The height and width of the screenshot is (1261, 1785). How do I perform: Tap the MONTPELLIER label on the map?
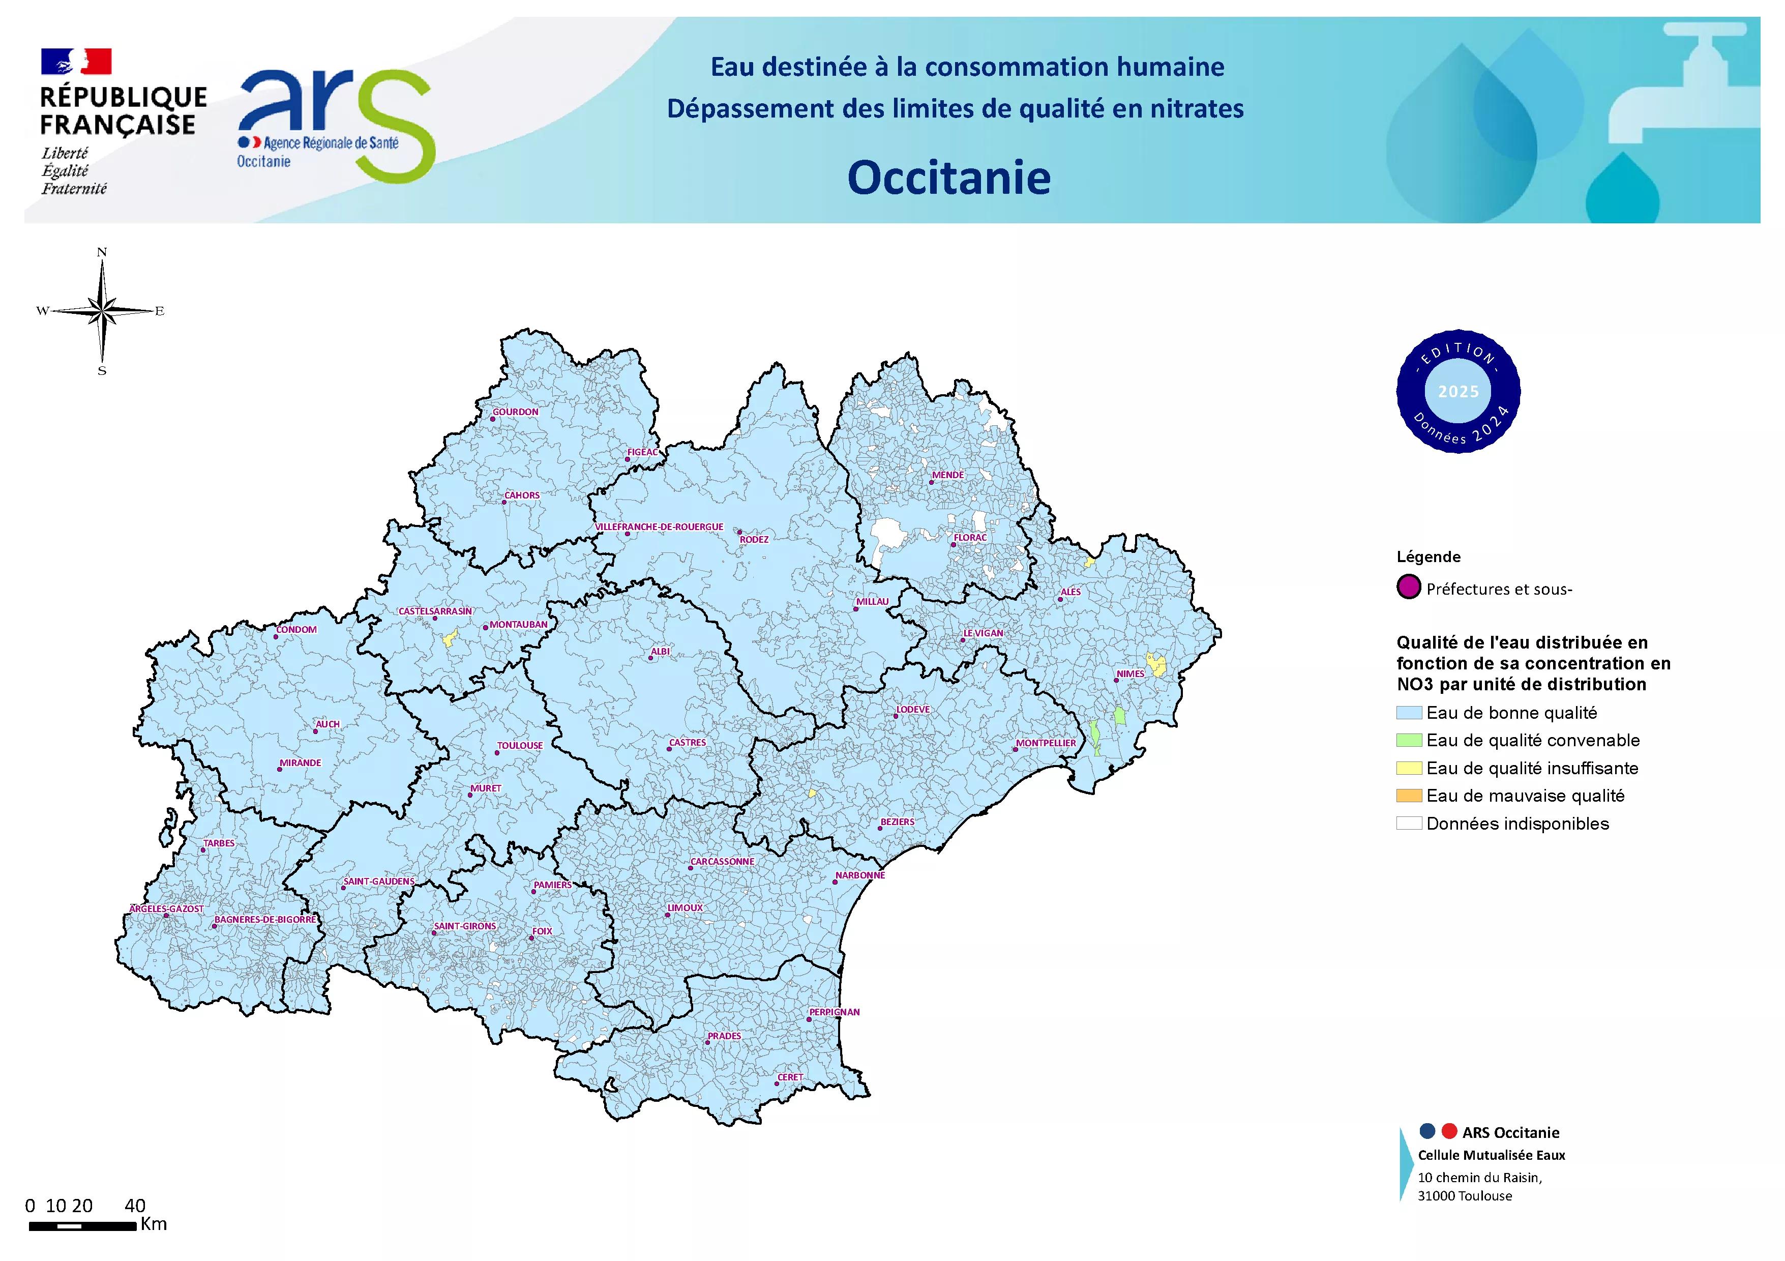point(1046,743)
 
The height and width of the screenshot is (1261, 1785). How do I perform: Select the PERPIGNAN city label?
point(834,1012)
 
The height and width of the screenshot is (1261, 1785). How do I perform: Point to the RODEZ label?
point(753,540)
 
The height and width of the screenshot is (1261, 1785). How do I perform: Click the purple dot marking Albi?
point(651,659)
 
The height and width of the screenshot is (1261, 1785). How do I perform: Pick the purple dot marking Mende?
point(931,482)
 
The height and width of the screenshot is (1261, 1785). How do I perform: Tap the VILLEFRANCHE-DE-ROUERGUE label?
point(659,527)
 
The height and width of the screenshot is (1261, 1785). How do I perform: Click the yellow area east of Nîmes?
point(1157,665)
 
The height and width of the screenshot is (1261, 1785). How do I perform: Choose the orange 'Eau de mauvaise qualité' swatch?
point(1409,796)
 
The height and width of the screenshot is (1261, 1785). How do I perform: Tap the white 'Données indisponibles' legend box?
point(1409,824)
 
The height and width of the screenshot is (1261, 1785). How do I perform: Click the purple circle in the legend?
point(1409,588)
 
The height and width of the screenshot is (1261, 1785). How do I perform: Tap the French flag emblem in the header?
point(76,62)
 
